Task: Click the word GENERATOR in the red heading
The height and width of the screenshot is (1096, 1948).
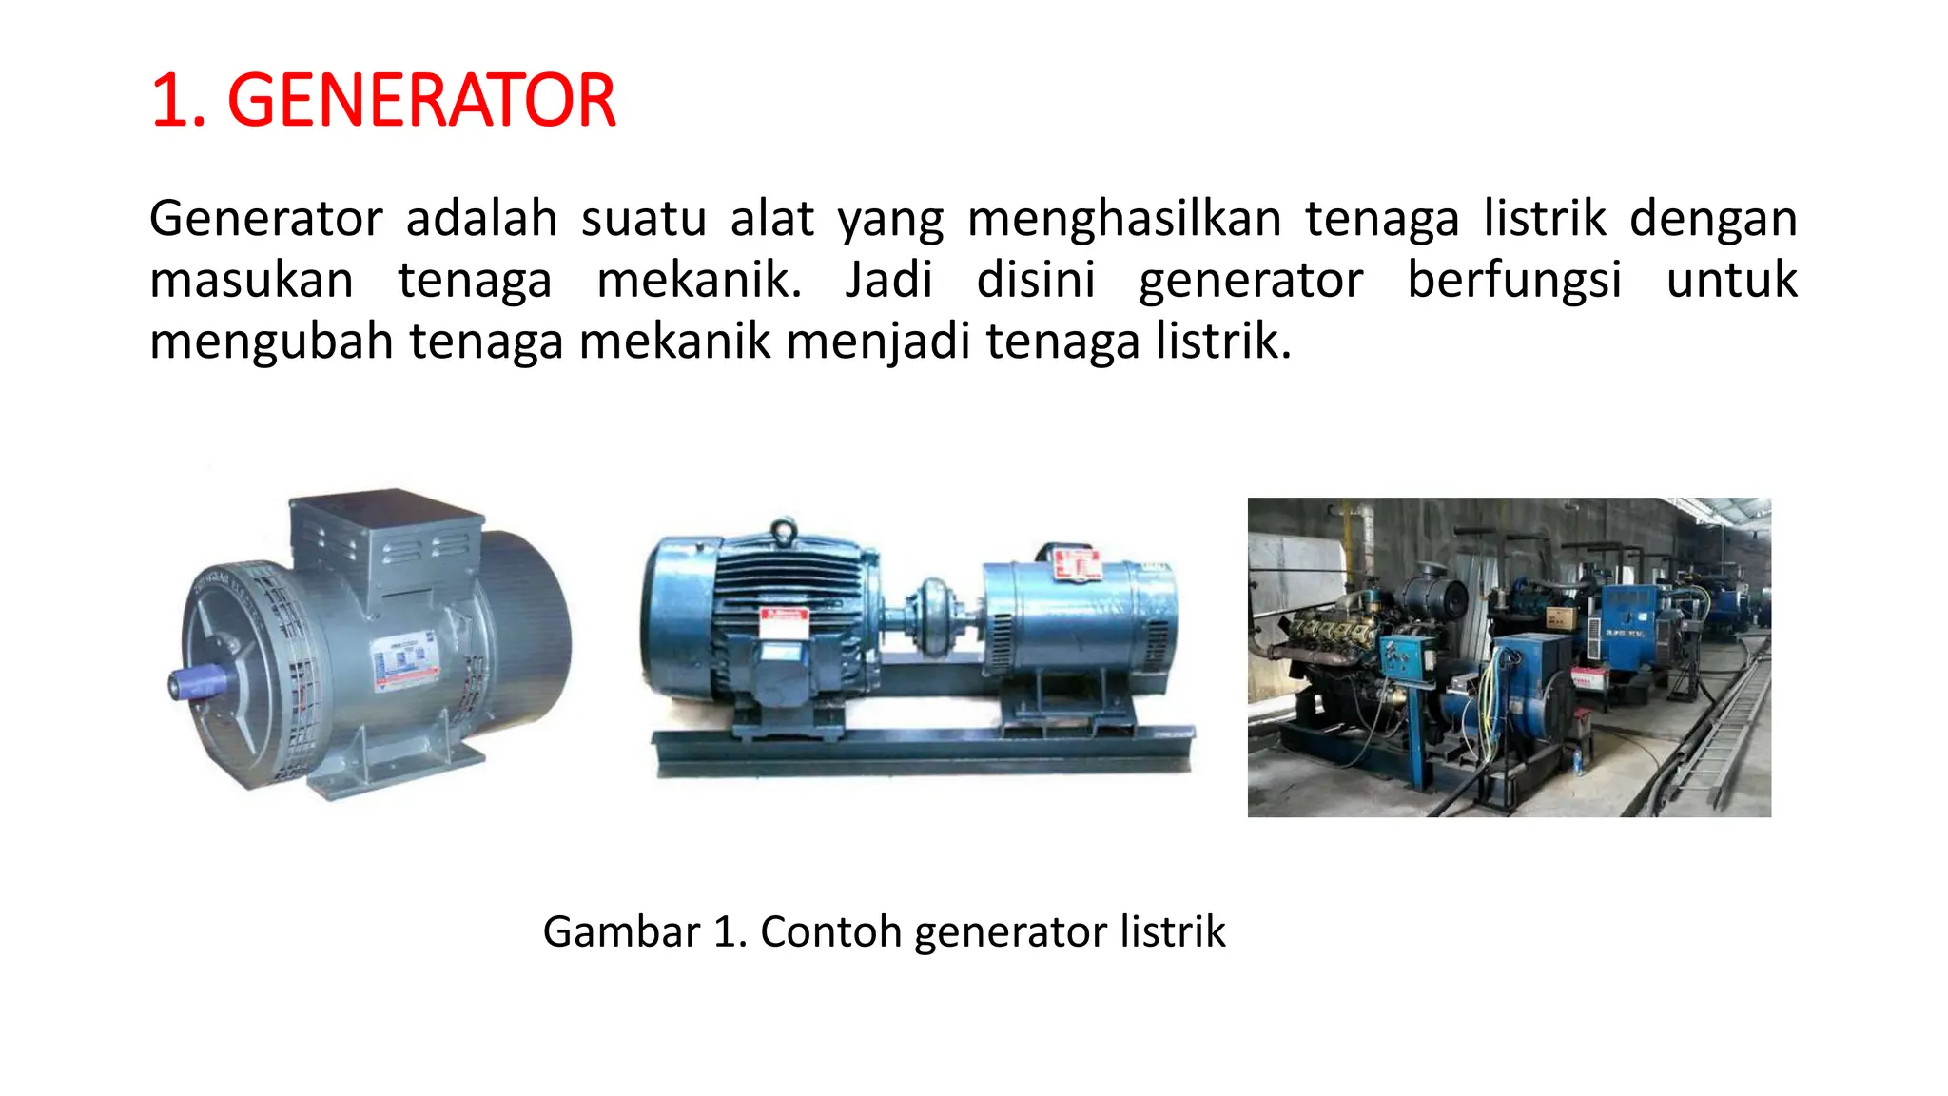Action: click(x=421, y=101)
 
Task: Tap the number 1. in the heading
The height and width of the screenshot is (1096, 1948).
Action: click(x=178, y=101)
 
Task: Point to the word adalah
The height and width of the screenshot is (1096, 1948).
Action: click(x=481, y=219)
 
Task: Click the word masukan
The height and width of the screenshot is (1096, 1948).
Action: click(x=251, y=281)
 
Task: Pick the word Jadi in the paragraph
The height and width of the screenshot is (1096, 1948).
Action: click(x=888, y=281)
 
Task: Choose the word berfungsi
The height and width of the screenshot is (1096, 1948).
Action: click(x=1514, y=282)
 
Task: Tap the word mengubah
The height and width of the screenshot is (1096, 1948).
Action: click(x=271, y=342)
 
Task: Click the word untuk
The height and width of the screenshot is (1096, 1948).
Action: click(x=1731, y=281)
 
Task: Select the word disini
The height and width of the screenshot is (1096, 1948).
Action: click(x=1036, y=281)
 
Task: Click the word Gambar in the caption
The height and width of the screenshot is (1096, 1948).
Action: click(x=621, y=931)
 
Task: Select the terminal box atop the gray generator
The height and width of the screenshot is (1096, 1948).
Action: click(x=385, y=533)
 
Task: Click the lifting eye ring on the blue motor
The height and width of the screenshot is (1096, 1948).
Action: click(x=783, y=530)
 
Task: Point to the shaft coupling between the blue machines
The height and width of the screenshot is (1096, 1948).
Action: click(x=931, y=614)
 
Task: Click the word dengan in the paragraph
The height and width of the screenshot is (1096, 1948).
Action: click(x=1712, y=220)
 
